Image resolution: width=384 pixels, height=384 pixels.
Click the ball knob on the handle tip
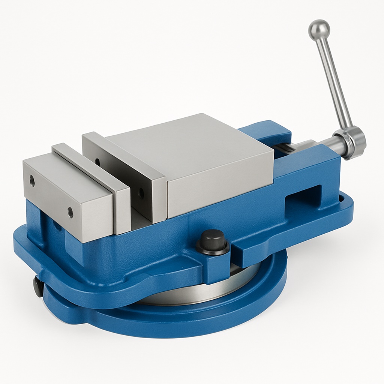point(319,29)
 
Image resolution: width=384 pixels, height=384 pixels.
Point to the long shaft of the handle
point(333,82)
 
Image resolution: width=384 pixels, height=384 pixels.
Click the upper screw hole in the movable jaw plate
point(98,162)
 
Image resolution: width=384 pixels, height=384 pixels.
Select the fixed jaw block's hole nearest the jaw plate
point(70,213)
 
